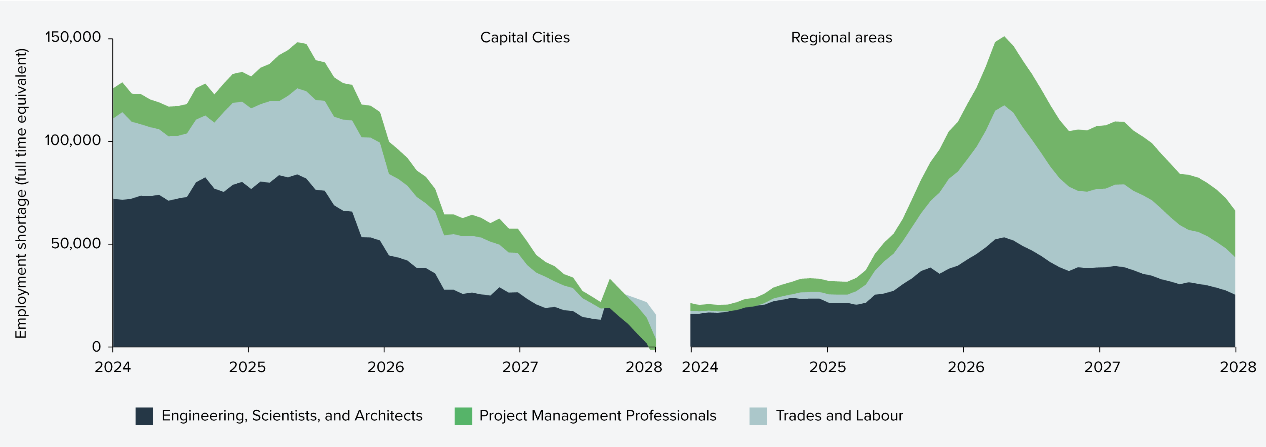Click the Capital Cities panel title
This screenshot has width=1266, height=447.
pyautogui.click(x=525, y=38)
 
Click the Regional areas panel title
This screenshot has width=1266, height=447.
pyautogui.click(x=841, y=38)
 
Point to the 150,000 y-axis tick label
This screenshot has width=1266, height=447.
pyautogui.click(x=73, y=37)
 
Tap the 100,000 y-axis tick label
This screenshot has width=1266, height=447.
pyautogui.click(x=73, y=140)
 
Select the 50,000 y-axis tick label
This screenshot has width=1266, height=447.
pyautogui.click(x=76, y=244)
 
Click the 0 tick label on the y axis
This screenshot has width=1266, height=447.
pyautogui.click(x=96, y=347)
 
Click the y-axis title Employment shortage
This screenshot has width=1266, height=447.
pyautogui.click(x=21, y=193)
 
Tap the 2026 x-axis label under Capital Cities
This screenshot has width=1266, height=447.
pyautogui.click(x=385, y=367)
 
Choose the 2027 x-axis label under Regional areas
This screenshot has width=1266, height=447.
pyautogui.click(x=1102, y=367)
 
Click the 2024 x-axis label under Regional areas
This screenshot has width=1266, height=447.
pyautogui.click(x=699, y=367)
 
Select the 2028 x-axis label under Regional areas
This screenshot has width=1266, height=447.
pyautogui.click(x=1238, y=367)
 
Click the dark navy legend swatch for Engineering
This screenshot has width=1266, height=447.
pyautogui.click(x=144, y=416)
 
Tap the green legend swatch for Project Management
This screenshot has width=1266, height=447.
pyautogui.click(x=463, y=416)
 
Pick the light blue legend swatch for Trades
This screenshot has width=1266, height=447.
pyautogui.click(x=758, y=416)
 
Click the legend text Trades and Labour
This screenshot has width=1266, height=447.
pyautogui.click(x=839, y=416)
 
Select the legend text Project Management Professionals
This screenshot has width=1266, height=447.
pyautogui.click(x=597, y=416)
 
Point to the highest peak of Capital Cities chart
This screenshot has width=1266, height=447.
pyautogui.click(x=298, y=43)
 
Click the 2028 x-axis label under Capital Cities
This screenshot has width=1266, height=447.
pyautogui.click(x=643, y=367)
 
